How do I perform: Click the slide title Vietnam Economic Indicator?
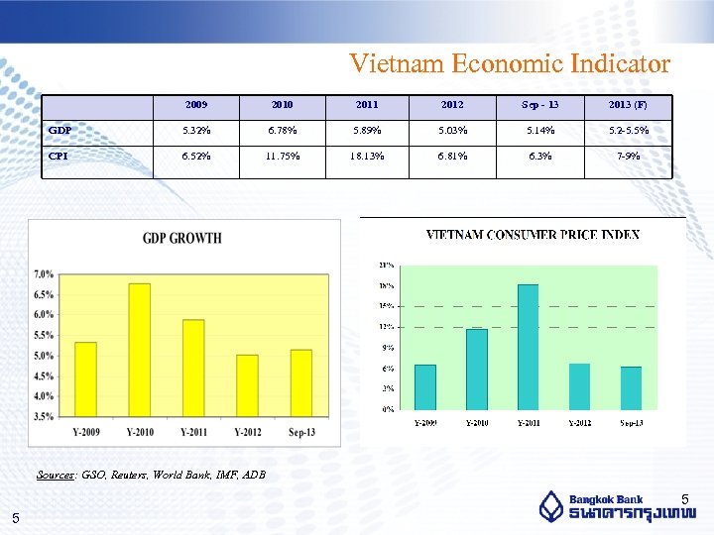510,63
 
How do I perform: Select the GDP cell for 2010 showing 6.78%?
283,131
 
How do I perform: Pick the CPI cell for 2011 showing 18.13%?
367,156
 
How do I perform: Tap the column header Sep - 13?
540,105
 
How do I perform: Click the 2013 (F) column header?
629,105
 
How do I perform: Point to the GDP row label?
60,131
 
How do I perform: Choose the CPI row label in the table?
59,156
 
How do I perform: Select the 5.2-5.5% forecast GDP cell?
629,131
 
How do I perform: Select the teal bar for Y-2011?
528,347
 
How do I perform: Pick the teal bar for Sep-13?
631,387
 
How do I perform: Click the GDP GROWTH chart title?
182,238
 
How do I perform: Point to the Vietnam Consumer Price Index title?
533,235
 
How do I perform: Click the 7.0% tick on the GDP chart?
44,273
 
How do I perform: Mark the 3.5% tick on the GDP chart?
44,417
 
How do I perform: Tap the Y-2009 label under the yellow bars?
86,432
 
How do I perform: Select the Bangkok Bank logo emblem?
551,506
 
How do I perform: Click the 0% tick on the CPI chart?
387,408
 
